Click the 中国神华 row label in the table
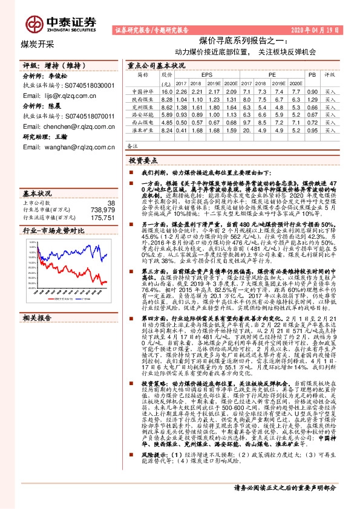pyautogui.click(x=143, y=91)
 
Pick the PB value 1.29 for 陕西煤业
pyautogui.click(x=312, y=99)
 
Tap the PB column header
pyautogui.click(x=312, y=75)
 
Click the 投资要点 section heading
pyautogui.click(x=143, y=162)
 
